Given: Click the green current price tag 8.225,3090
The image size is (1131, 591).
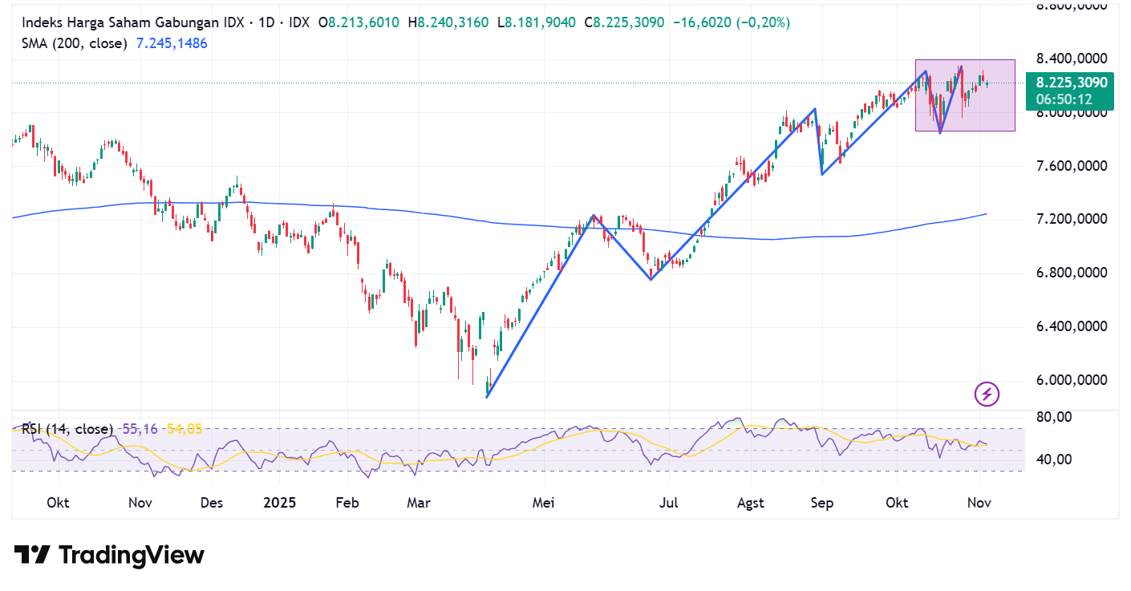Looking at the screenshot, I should [1072, 83].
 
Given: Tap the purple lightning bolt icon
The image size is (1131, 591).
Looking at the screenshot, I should [987, 394].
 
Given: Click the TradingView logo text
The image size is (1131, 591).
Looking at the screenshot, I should [110, 555].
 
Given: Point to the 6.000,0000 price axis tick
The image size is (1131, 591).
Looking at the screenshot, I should [1071, 380].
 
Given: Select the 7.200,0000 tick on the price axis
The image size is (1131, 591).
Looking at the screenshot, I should [1071, 220].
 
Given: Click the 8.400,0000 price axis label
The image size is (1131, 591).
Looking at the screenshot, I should [1071, 59].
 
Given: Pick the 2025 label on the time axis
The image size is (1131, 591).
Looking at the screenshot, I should [280, 504].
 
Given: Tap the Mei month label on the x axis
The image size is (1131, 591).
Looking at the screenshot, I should [544, 504].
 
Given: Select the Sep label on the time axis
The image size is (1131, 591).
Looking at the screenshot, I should [822, 504].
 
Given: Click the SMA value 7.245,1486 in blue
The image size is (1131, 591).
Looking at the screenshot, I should [172, 43].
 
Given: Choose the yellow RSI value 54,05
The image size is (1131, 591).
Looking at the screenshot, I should [184, 429].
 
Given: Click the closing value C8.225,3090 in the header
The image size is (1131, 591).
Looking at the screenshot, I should [624, 23].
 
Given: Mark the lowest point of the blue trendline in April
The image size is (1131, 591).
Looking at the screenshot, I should [487, 397].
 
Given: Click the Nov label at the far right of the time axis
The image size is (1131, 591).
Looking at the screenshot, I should [978, 504].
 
